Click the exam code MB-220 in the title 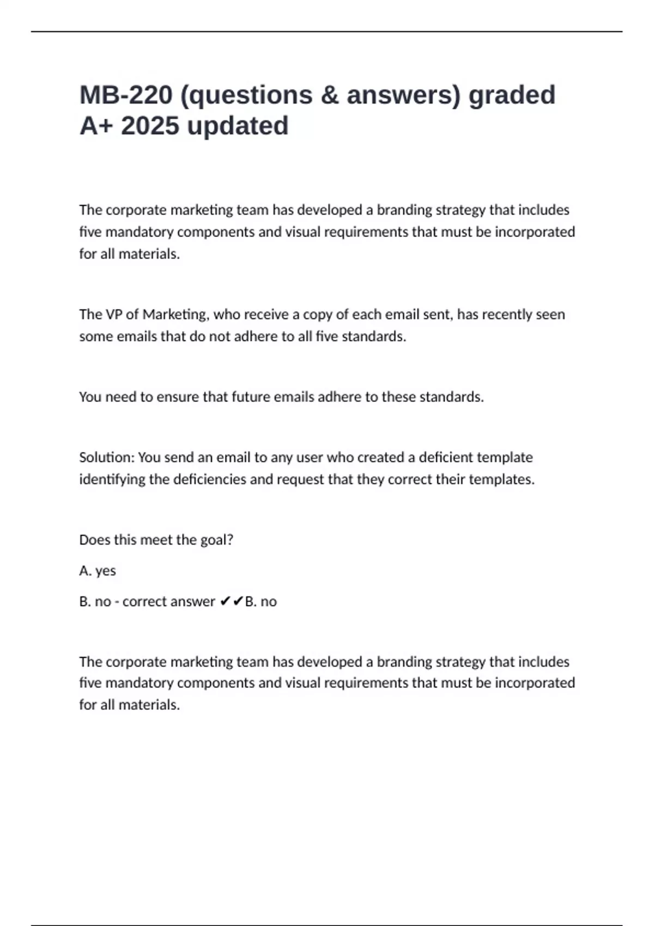[x=126, y=95]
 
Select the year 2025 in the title [x=150, y=126]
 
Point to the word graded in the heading [x=512, y=95]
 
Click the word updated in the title [x=238, y=126]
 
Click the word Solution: [x=107, y=458]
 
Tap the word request [x=299, y=479]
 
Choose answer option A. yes [x=98, y=571]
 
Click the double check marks [x=232, y=601]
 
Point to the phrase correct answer [x=168, y=602]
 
